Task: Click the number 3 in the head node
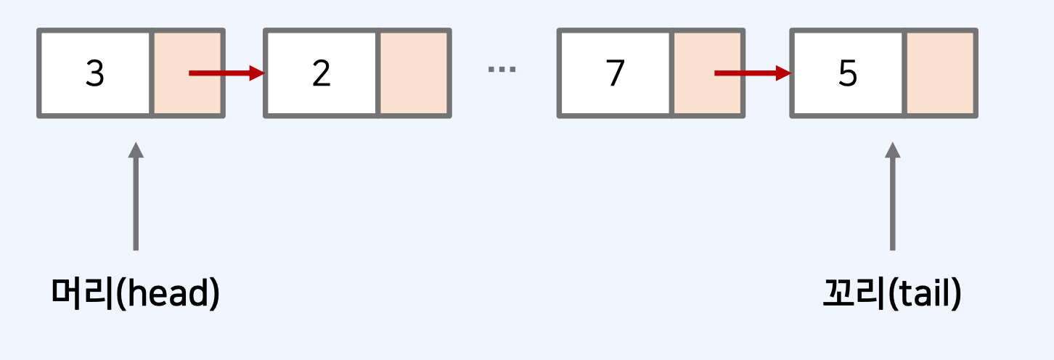tap(95, 73)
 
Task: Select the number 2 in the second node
tap(322, 73)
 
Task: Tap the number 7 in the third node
tap(615, 73)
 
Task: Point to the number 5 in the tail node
tap(848, 73)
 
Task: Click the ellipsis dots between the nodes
tap(502, 70)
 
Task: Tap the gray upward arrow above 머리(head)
tap(135, 196)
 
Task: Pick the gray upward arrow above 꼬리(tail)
tap(893, 196)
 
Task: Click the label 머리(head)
tap(136, 294)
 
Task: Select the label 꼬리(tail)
tap(892, 294)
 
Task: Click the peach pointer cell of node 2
tap(414, 73)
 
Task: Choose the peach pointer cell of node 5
tap(941, 73)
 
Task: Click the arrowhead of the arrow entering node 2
tap(256, 73)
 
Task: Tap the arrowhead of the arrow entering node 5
tap(783, 73)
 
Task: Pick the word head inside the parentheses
tap(168, 294)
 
